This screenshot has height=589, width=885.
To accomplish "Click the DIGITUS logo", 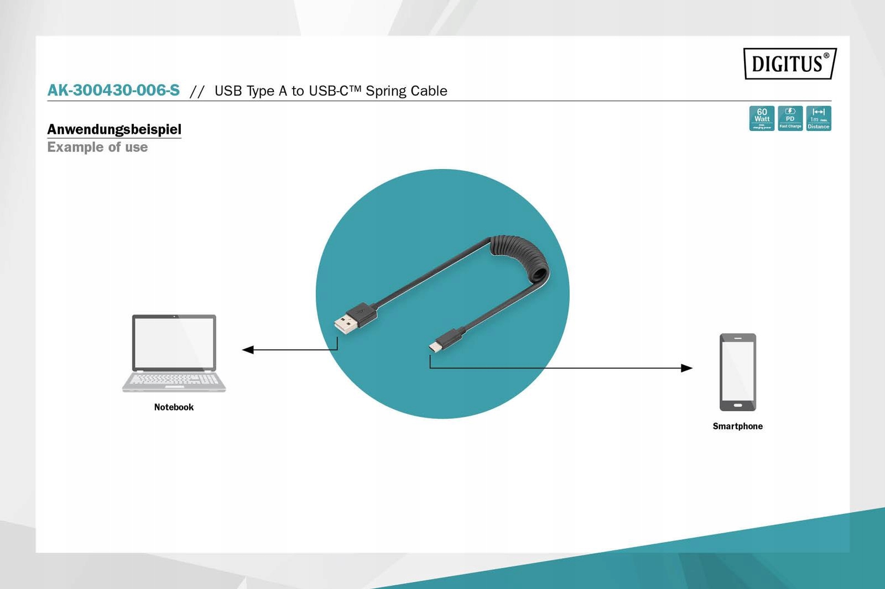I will [789, 64].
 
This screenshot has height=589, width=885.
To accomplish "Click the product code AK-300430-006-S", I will [113, 90].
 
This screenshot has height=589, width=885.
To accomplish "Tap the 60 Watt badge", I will [762, 118].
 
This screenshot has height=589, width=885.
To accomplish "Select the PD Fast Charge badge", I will [790, 118].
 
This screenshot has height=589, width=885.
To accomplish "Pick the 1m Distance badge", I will [819, 118].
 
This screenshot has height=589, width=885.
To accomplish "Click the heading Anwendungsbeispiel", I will [114, 129].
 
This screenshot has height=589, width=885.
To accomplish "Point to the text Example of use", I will [97, 147].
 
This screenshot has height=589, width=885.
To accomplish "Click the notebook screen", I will [174, 343].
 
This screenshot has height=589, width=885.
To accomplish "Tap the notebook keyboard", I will [174, 380].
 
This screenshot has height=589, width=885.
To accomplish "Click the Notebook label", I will [174, 407].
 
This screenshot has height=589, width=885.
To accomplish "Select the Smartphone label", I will [737, 426].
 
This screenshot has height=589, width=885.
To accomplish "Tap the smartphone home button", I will [738, 406].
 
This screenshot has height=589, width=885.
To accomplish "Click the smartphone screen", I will [738, 372].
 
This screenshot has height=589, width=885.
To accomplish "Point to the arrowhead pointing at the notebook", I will [248, 350].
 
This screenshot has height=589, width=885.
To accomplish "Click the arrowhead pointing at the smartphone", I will [686, 368].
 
